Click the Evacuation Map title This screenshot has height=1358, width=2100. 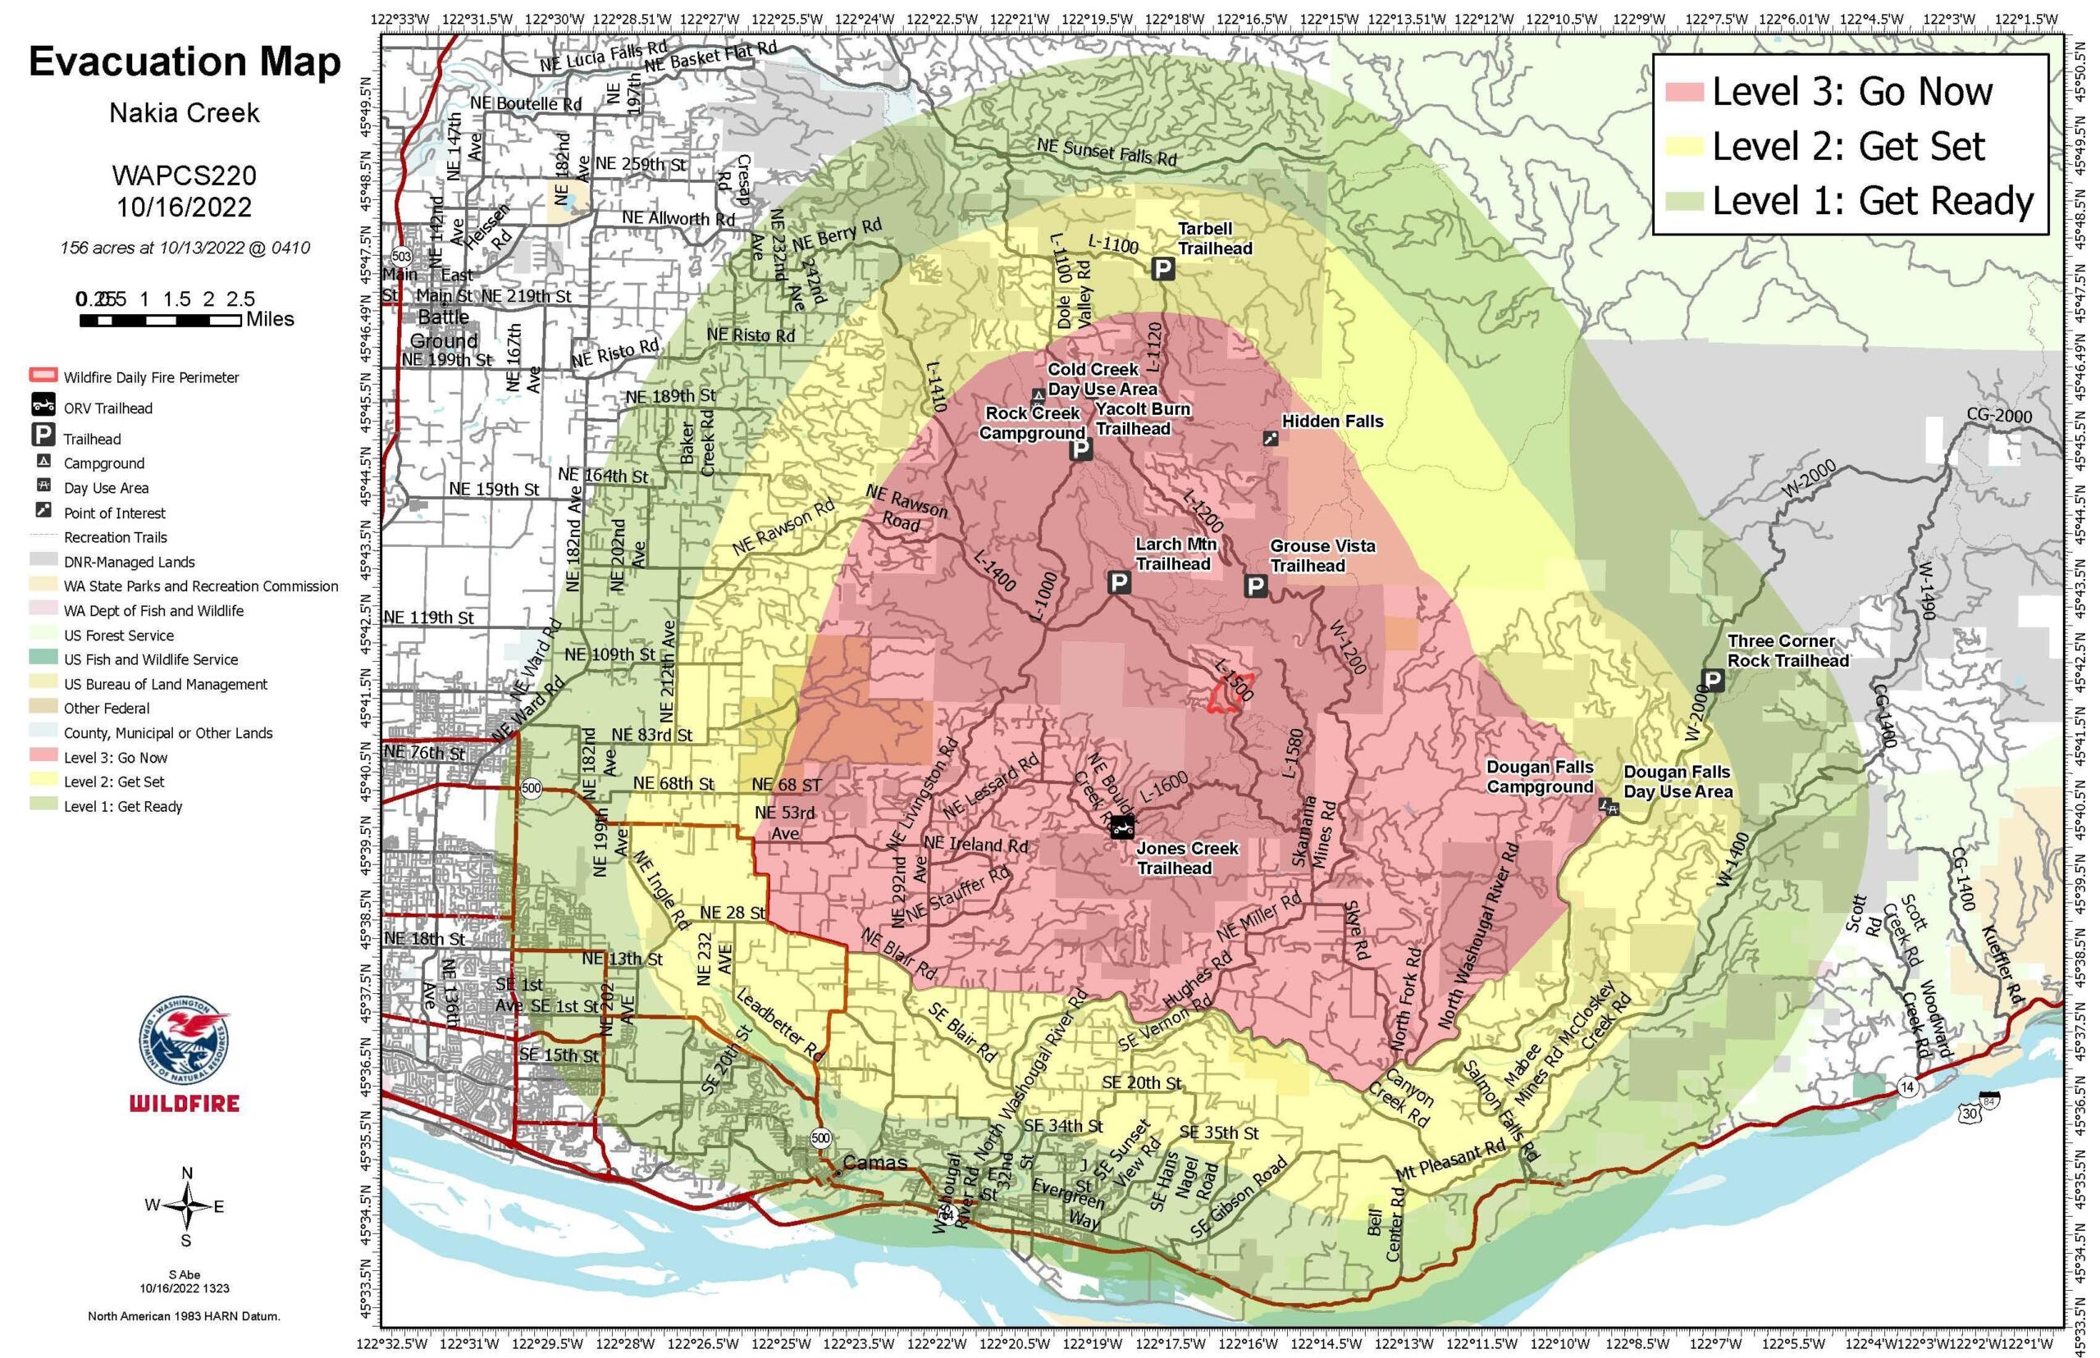185,62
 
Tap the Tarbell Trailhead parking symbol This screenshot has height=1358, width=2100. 1162,268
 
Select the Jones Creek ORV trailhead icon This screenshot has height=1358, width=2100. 1121,827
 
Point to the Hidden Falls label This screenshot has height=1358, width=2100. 1332,422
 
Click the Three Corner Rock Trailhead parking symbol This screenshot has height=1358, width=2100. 1711,679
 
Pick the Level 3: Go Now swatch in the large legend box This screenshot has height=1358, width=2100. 1682,92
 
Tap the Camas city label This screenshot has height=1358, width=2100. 875,1162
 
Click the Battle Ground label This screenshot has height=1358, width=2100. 444,328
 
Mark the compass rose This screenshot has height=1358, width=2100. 186,1206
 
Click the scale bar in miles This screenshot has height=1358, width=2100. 160,321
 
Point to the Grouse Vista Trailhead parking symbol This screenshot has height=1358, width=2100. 1254,586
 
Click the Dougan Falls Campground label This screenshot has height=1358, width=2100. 1540,777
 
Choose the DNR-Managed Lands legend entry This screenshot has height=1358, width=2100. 129,562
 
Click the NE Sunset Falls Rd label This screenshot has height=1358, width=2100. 1106,152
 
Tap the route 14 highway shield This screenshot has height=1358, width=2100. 1908,1087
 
